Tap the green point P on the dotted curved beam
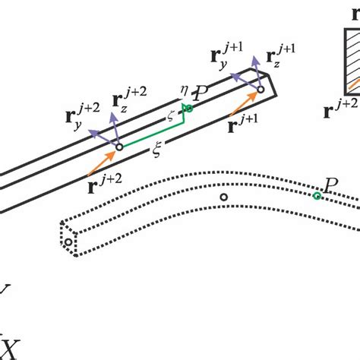coord(317,196)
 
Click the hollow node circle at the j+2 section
coord(119,147)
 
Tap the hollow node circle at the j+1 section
coord(261,90)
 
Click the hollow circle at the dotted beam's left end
coord(68,242)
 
